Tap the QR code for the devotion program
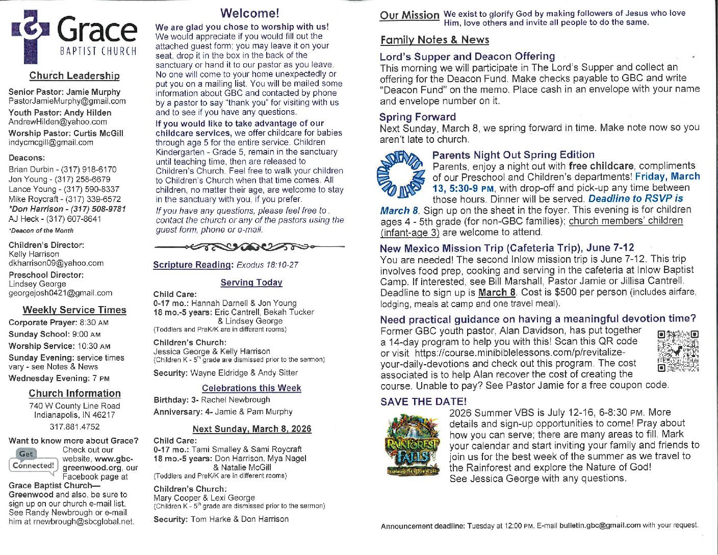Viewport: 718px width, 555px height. [x=678, y=351]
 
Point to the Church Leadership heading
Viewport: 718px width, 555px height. [x=74, y=75]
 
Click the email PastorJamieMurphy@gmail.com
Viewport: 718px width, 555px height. [x=67, y=101]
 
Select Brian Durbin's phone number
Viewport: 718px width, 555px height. [x=88, y=169]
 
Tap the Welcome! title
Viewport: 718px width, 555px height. [x=249, y=13]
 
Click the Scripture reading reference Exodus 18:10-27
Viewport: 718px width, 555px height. [x=267, y=265]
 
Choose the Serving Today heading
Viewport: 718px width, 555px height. [x=251, y=283]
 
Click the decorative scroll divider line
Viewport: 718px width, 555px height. [x=249, y=247]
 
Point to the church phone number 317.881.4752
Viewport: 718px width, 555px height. [x=74, y=426]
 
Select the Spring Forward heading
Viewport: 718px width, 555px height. [x=418, y=117]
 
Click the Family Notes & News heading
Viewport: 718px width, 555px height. [x=434, y=40]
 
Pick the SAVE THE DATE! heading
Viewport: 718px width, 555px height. [x=423, y=401]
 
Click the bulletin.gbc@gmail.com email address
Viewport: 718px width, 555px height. [x=600, y=525]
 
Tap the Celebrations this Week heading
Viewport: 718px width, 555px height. [x=251, y=388]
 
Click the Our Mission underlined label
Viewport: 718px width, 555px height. [x=409, y=15]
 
